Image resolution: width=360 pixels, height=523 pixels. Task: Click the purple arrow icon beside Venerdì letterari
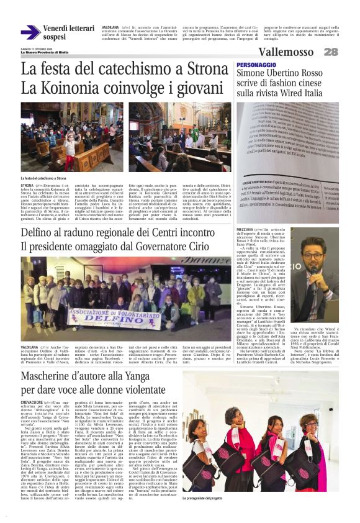tap(30, 32)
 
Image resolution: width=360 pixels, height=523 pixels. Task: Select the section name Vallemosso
tap(286, 52)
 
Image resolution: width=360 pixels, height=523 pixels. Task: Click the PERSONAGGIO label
tap(255, 65)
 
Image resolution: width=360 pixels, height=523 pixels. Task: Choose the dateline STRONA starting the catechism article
tap(27, 185)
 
